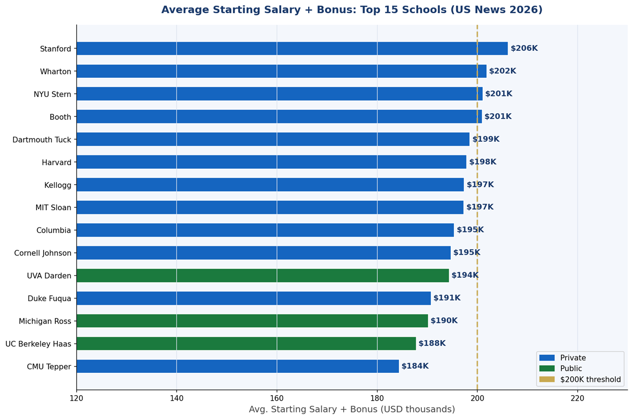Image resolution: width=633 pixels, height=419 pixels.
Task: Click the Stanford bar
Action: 292,49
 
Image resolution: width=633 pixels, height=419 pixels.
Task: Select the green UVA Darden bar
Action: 262,276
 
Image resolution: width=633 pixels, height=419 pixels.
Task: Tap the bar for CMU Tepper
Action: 238,366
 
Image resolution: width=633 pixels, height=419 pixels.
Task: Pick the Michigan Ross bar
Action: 252,321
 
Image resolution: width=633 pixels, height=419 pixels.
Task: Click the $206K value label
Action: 524,49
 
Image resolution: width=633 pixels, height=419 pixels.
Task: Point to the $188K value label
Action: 432,344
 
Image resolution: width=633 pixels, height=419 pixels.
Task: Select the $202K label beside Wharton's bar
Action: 503,71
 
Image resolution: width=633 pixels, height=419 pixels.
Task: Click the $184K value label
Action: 415,366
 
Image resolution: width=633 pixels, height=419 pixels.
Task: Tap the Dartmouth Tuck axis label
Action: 42,140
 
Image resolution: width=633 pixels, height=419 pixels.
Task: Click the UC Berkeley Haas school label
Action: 38,344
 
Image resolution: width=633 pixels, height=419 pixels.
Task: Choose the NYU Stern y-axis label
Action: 52,94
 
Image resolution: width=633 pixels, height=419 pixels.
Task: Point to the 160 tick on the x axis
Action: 277,399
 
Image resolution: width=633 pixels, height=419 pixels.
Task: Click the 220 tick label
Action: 577,399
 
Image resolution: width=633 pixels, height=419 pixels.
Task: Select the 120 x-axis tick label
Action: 77,399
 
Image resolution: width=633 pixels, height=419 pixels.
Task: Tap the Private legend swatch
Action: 547,358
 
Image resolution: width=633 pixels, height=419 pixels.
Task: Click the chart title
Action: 352,10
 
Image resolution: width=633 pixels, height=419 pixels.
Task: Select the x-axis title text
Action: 352,409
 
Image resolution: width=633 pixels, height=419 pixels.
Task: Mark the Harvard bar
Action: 271,162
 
